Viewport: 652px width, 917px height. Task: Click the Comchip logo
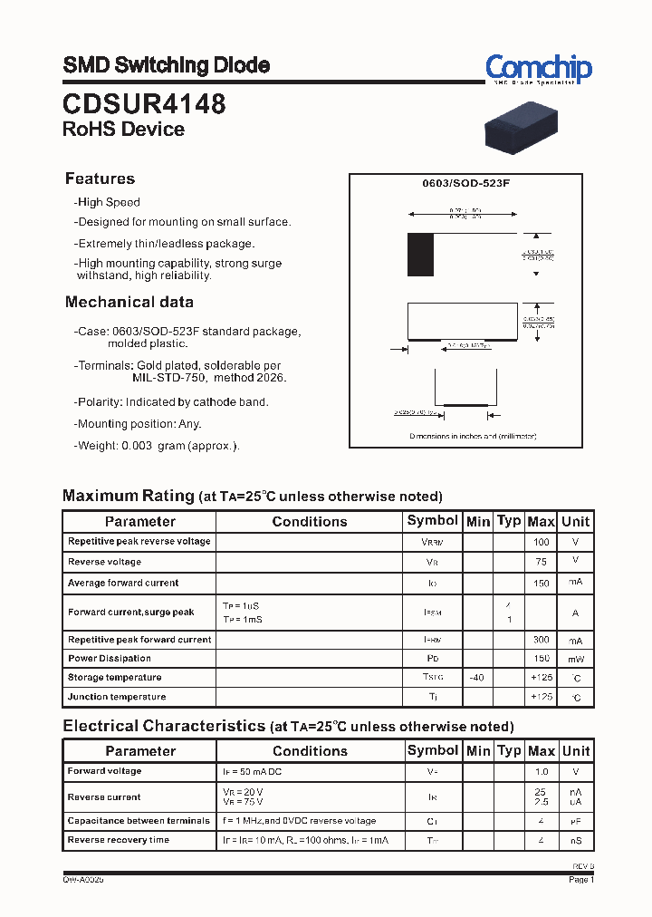(538, 69)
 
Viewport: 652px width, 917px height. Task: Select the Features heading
(100, 179)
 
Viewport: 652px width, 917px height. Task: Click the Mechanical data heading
(129, 302)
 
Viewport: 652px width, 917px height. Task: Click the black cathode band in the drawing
(420, 255)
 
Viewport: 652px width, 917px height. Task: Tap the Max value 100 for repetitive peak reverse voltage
(541, 542)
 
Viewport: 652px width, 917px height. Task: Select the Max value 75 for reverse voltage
(541, 561)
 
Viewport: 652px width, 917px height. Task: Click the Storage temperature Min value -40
(476, 678)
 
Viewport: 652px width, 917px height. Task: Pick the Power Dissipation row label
(110, 659)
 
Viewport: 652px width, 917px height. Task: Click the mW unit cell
(575, 659)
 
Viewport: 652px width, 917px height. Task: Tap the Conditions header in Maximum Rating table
(310, 521)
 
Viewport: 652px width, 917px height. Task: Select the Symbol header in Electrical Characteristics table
(432, 750)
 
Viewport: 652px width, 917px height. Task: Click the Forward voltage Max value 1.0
(541, 771)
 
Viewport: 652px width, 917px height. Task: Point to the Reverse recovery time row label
(119, 840)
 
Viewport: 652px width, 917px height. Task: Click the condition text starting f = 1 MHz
(299, 821)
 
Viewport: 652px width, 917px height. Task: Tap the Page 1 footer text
(580, 879)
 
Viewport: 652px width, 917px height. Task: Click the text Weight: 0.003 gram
(158, 446)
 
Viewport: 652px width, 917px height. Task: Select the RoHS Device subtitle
(123, 130)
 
